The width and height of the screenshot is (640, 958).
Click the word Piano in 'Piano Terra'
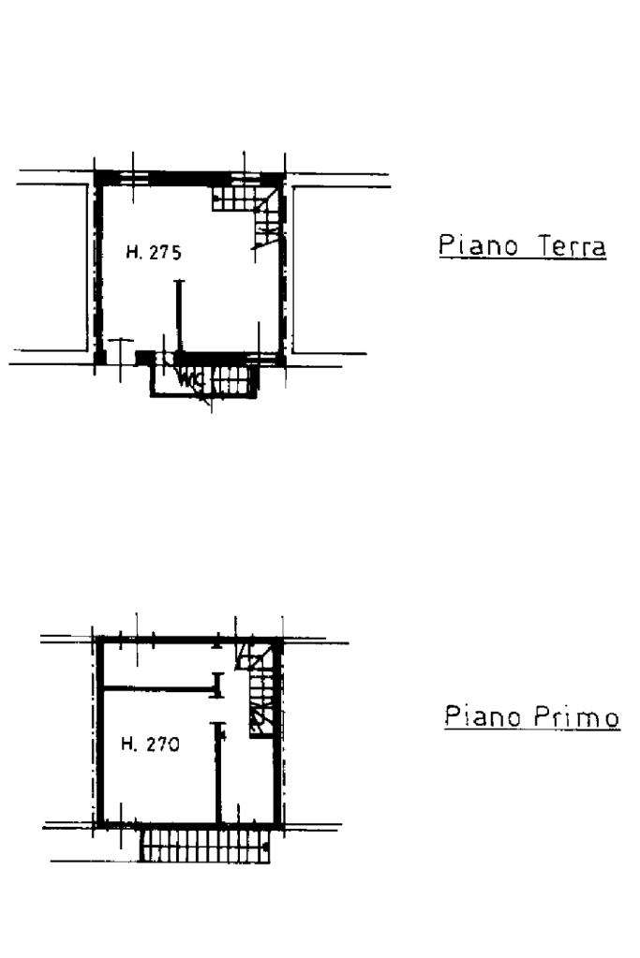coord(478,245)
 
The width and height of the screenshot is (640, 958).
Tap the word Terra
coord(572,246)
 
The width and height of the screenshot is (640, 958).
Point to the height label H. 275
coord(154,252)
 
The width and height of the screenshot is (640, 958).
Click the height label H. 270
coord(150,744)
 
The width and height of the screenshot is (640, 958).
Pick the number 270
coord(163,744)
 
